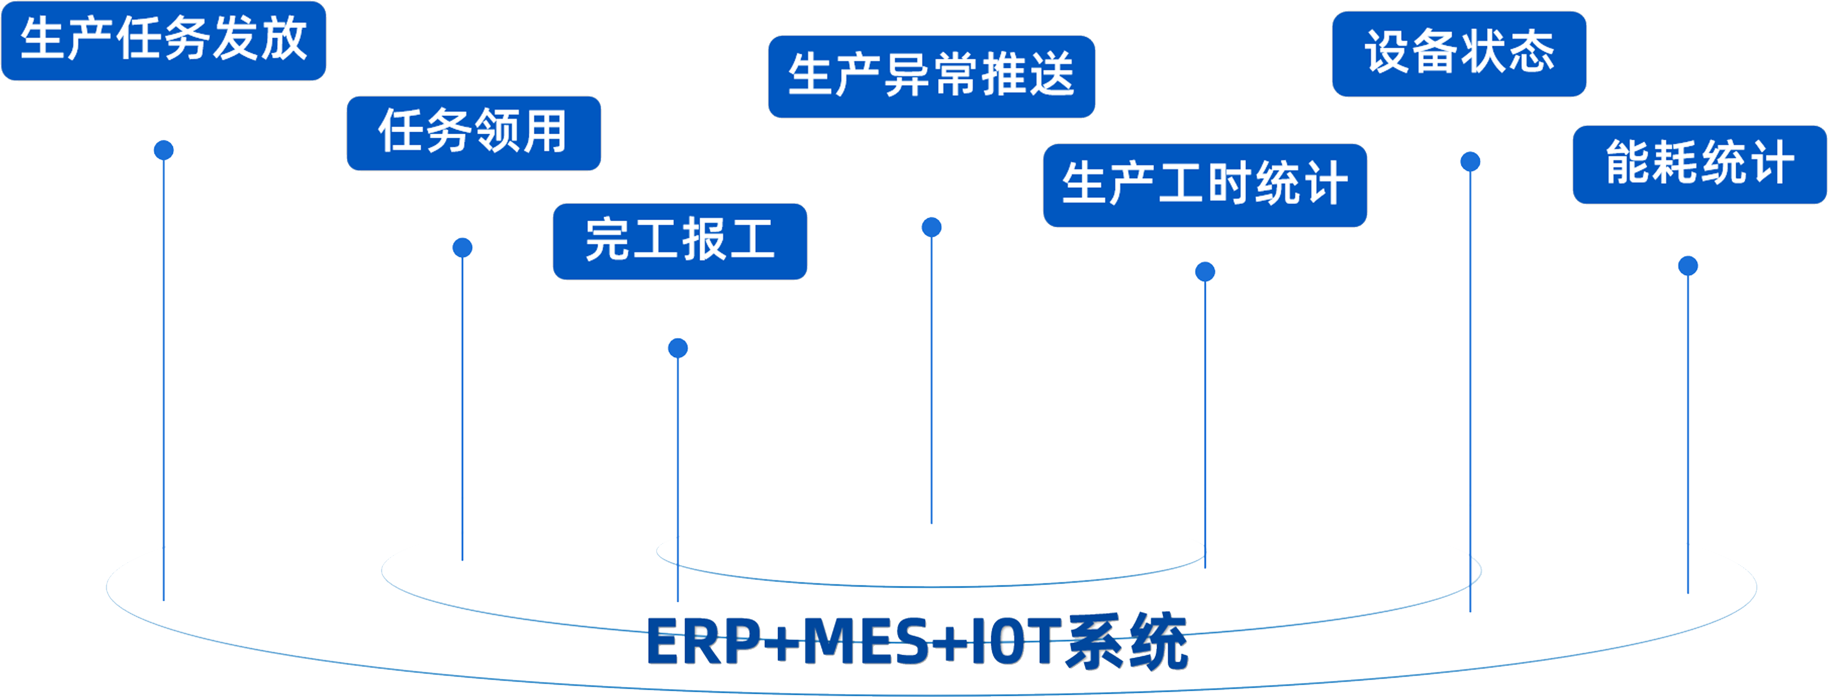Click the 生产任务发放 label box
163,40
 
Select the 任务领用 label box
473,133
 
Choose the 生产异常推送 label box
931,76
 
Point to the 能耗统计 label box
1699,164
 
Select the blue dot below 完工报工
678,348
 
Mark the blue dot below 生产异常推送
931,227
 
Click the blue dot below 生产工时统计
1204,272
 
